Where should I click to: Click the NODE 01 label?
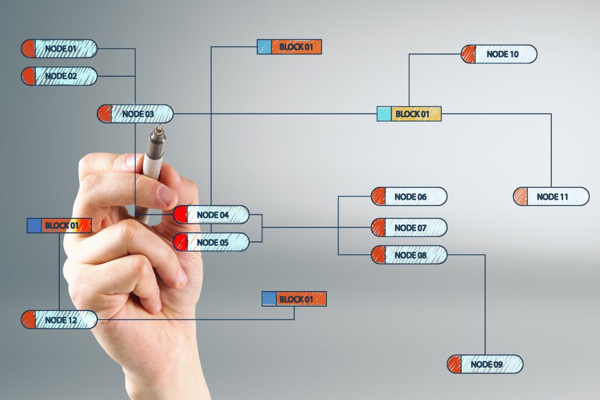coord(61,49)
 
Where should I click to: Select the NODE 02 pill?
coord(59,76)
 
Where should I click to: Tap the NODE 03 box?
coord(135,114)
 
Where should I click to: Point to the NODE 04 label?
coord(213,215)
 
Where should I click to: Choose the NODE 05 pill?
coord(211,242)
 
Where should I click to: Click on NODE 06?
coord(409,197)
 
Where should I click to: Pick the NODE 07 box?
coord(409,228)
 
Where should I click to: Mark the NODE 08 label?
coord(411,255)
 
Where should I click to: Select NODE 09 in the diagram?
coord(485,364)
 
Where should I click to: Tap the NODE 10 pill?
coord(499,54)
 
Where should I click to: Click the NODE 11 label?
coord(552,197)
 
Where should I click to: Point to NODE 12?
coord(59,320)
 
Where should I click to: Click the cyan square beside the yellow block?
coord(384,114)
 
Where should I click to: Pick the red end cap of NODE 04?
coord(180,214)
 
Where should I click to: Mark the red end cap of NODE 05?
coord(180,242)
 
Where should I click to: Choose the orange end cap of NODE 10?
coord(468,54)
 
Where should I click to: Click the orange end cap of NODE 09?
coord(454,364)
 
